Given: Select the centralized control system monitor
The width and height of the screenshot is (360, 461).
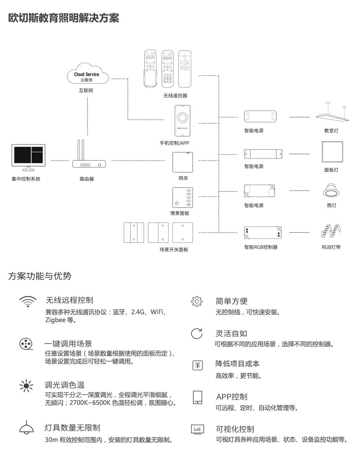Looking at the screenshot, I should (x=28, y=157).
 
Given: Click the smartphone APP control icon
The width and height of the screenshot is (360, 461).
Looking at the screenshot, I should (x=183, y=121).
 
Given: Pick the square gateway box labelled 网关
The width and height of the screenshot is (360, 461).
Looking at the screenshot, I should (x=183, y=162).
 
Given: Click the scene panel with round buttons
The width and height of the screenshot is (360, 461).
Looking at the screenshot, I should (x=183, y=197).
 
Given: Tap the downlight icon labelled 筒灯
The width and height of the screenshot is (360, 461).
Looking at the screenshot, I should (x=331, y=191).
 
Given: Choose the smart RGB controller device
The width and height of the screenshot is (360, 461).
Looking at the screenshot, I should (x=262, y=233).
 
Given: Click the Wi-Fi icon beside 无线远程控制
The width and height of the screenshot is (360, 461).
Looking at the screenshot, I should (x=28, y=301).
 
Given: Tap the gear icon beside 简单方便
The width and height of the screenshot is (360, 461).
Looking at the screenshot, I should (x=197, y=302).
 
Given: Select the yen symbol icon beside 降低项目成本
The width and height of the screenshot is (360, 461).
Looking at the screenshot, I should (x=197, y=366).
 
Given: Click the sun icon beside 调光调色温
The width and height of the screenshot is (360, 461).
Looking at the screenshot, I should (x=26, y=386).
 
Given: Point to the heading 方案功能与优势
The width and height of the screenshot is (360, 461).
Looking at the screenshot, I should (x=40, y=276).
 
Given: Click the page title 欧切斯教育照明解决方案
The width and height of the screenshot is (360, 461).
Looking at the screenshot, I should (x=63, y=18).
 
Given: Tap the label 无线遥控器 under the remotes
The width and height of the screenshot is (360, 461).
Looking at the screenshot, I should (x=175, y=96).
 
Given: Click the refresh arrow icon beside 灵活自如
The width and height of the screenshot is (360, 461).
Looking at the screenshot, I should (x=197, y=334).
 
